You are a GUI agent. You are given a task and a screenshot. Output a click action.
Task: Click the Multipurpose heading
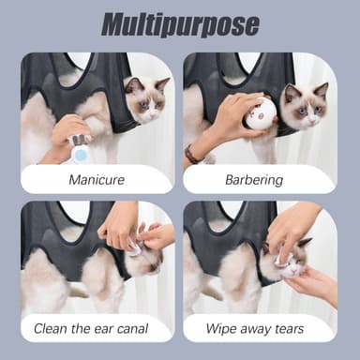[180, 24]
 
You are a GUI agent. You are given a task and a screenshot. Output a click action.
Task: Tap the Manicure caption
[97, 180]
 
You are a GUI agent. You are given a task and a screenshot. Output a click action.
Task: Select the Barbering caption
[254, 180]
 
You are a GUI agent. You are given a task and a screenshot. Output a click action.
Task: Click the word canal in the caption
[132, 328]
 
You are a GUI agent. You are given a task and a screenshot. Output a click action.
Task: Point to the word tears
[290, 329]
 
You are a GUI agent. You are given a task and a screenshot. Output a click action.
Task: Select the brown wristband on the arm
[192, 154]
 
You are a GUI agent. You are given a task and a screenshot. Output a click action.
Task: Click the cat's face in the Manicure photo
[147, 101]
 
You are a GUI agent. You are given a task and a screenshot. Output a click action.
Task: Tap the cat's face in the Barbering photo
[305, 106]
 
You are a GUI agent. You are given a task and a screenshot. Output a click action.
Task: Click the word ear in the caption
[103, 329]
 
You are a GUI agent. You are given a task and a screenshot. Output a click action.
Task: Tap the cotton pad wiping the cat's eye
[280, 260]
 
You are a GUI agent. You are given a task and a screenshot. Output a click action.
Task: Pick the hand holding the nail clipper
[67, 133]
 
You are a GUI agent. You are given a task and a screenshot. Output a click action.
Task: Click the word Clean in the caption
[51, 329]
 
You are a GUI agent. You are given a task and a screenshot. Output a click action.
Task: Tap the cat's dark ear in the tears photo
[305, 243]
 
